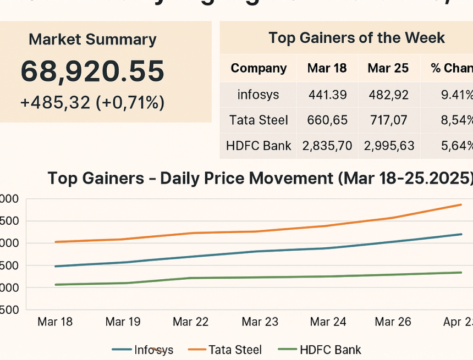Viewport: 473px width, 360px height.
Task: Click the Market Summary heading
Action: [x=92, y=40]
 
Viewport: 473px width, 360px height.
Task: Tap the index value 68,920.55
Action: [x=92, y=71]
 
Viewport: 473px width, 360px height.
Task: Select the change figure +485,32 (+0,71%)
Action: [x=92, y=102]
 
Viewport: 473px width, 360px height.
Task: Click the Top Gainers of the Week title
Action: [x=356, y=38]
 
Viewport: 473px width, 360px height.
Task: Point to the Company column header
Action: [x=258, y=68]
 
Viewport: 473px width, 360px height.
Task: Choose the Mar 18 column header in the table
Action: [x=327, y=68]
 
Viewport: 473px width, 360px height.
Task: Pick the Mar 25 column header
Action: [x=388, y=68]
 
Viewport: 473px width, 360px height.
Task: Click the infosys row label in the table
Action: [x=258, y=95]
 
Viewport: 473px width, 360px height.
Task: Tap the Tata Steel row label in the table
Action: [x=258, y=120]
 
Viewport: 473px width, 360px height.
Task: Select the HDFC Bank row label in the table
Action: [x=258, y=146]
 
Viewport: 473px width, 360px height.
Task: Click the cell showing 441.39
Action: [x=327, y=95]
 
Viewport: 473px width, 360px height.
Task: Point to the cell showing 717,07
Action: [x=388, y=120]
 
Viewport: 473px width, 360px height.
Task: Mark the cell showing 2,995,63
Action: [x=388, y=146]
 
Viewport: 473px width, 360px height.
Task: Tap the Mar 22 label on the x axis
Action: [x=191, y=322]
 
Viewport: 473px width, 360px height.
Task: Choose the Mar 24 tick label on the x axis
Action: [x=328, y=322]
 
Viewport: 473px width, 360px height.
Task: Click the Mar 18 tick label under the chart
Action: [x=55, y=322]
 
